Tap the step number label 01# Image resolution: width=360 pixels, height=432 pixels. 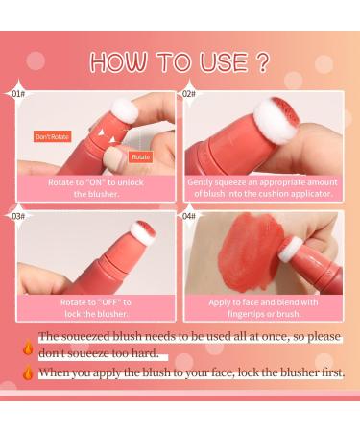pyautogui.click(x=17, y=95)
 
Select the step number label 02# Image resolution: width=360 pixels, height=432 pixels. pyautogui.click(x=189, y=95)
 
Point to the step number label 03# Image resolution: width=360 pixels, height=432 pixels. pyautogui.click(x=17, y=216)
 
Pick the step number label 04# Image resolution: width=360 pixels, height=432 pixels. pyautogui.click(x=189, y=216)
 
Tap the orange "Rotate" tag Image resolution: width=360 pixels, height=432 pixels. pyautogui.click(x=140, y=156)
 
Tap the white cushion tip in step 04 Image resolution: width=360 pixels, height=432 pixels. pyautogui.click(x=291, y=250)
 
